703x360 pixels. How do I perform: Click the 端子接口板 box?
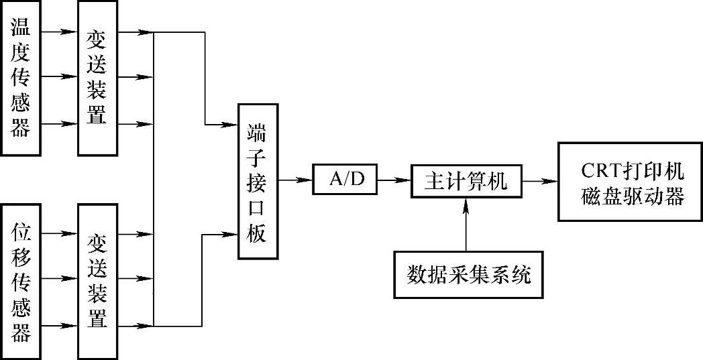coord(257,181)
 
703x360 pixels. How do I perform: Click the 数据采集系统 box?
coord(468,275)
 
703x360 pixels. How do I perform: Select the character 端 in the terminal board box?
coord(257,132)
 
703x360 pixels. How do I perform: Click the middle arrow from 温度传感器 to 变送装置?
coord(60,77)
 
